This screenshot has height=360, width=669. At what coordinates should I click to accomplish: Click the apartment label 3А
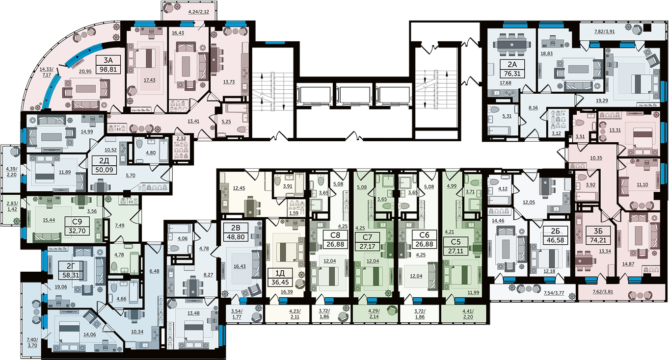[x=108, y=60]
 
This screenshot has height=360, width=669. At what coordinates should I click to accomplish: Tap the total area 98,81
[x=108, y=70]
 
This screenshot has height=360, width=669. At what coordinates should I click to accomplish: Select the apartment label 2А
[x=512, y=64]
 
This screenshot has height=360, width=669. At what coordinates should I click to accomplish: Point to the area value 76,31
[x=512, y=74]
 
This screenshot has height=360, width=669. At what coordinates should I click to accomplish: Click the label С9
[x=77, y=222]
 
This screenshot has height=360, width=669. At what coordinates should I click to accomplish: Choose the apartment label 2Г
[x=71, y=266]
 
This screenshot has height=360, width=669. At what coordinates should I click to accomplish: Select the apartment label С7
[x=367, y=237]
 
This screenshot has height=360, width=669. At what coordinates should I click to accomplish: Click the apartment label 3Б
[x=598, y=231]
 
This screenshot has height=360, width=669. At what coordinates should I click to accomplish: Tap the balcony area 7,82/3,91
[x=605, y=31]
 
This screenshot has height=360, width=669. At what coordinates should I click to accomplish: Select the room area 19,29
[x=602, y=101]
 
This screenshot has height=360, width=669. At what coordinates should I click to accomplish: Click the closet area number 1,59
[x=294, y=213]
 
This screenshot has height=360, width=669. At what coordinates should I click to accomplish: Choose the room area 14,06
[x=90, y=334]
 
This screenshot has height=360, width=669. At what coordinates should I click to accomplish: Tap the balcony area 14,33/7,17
[x=47, y=72]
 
